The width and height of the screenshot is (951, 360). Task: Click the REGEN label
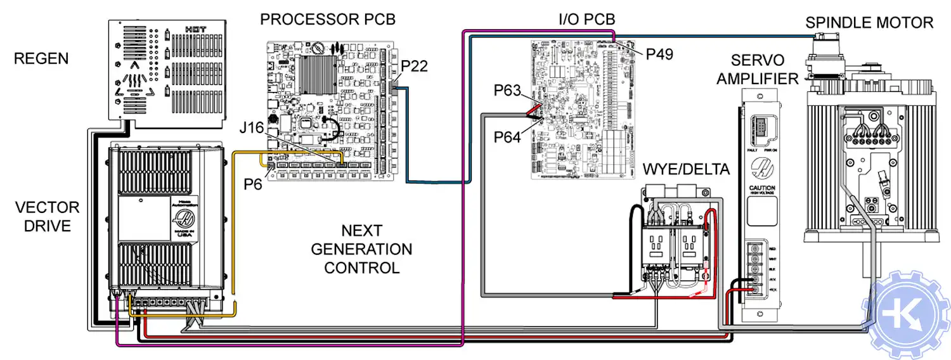[41, 60]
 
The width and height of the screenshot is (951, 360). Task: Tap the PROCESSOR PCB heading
[328, 20]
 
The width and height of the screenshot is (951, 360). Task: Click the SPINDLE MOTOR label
[869, 23]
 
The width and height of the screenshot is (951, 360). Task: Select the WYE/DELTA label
[686, 170]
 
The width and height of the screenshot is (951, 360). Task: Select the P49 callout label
[659, 55]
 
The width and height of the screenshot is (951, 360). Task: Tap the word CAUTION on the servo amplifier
[761, 188]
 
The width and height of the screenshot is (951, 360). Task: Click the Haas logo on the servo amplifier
[761, 168]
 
